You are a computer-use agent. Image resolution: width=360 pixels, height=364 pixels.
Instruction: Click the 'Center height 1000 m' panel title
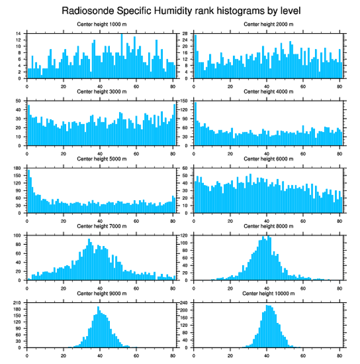[101, 24]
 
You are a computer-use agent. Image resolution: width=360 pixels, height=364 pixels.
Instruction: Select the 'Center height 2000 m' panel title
[268, 24]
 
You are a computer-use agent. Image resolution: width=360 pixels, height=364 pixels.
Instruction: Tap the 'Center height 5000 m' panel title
[101, 159]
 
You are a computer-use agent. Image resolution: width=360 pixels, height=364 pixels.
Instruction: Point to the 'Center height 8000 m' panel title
[268, 226]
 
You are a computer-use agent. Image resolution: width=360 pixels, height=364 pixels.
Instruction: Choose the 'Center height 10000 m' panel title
[268, 293]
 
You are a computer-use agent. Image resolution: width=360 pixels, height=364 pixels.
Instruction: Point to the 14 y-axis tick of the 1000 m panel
[19, 34]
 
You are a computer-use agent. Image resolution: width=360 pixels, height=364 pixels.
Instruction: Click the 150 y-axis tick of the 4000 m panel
[185, 101]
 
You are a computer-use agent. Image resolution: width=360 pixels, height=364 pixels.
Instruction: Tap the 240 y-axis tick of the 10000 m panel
[185, 303]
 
